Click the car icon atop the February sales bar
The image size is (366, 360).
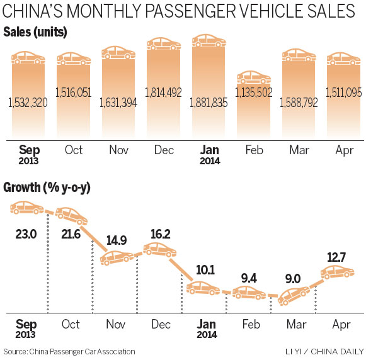click(x=253, y=78)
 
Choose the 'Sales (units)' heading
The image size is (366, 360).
click(x=35, y=32)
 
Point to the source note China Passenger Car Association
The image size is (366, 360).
click(x=69, y=351)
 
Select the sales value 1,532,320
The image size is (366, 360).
click(x=26, y=104)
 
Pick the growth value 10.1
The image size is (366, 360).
click(x=206, y=269)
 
